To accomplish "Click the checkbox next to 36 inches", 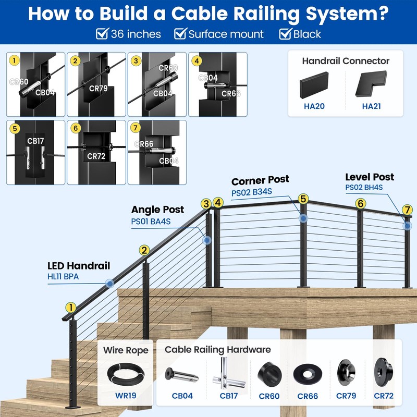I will click(x=102, y=34).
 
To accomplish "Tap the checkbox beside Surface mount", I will click(x=180, y=34).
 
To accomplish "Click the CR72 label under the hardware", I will click(x=384, y=396).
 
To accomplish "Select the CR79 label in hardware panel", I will click(x=346, y=396).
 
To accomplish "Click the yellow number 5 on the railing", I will click(x=303, y=199).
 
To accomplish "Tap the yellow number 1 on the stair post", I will click(x=70, y=308).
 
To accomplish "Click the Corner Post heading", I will click(x=260, y=181).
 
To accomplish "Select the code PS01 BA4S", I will click(x=151, y=222).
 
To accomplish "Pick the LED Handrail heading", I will click(x=79, y=266).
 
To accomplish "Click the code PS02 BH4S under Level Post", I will click(x=364, y=188).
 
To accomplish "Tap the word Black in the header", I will click(x=307, y=34).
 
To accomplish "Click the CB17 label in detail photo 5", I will click(x=36, y=141).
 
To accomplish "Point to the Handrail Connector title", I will click(x=346, y=61).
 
